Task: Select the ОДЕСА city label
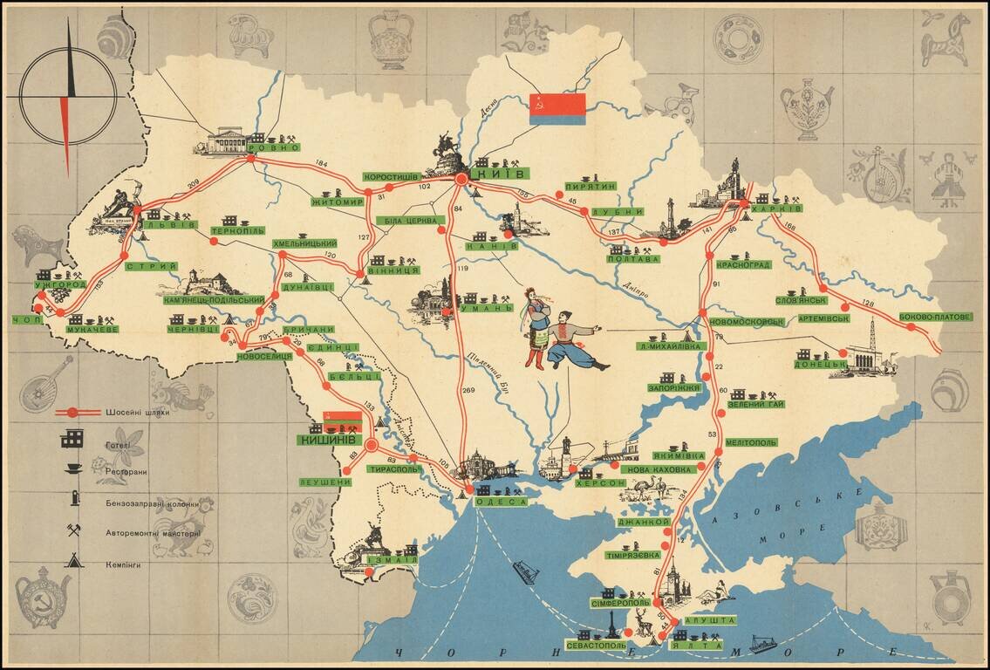pyautogui.click(x=502, y=502)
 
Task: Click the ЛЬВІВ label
pyautogui.click(x=166, y=224)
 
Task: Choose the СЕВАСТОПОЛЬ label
pyautogui.click(x=596, y=646)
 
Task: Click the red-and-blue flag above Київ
pyautogui.click(x=557, y=109)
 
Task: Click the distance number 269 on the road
pyautogui.click(x=469, y=390)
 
